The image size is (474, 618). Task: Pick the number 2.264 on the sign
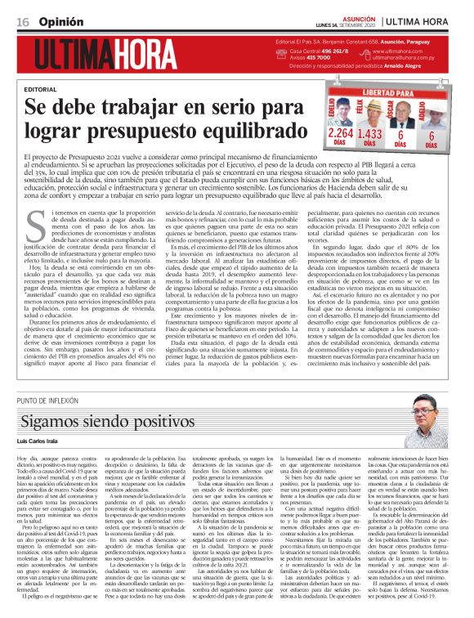coord(340,134)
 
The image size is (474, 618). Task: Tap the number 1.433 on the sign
coord(371,134)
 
